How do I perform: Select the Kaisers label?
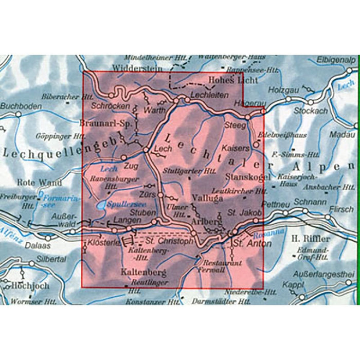(236, 148)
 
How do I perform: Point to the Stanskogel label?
(244, 178)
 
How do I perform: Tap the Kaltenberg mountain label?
(139, 271)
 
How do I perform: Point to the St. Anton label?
(251, 243)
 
